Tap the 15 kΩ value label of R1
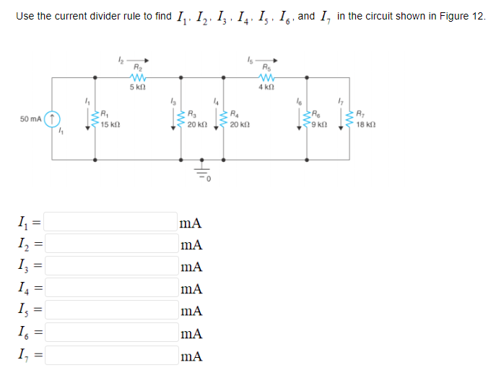coord(110,125)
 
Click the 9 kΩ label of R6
coord(321,125)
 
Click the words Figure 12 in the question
coord(465,15)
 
